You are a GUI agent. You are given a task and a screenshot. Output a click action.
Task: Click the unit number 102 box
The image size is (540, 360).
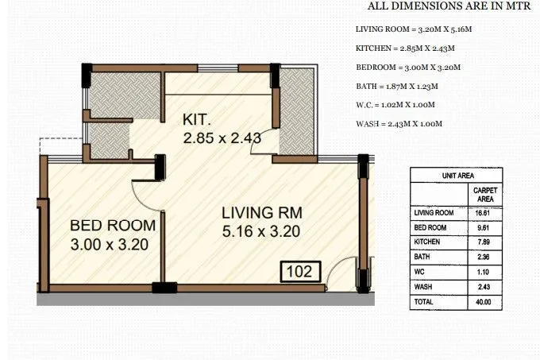click(300, 271)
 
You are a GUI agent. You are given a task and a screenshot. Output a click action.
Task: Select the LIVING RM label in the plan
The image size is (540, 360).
click(261, 213)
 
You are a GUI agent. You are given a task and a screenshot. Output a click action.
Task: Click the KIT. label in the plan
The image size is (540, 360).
click(196, 119)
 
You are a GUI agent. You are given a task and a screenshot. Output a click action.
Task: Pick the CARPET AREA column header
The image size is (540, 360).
click(485, 194)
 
